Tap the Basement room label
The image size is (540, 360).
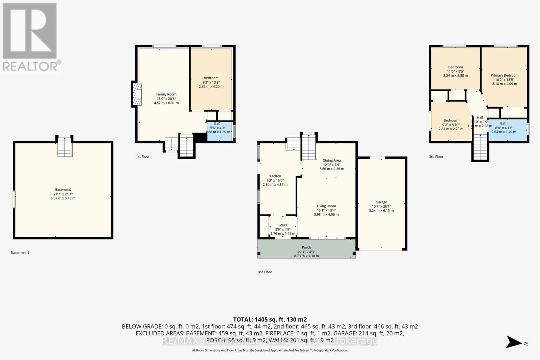coord(63,190)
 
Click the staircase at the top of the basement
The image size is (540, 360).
coord(65,147)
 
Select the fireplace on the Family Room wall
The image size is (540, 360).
coord(137,95)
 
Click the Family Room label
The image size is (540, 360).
coord(166,94)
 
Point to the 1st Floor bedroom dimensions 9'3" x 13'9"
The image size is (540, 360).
coord(211,82)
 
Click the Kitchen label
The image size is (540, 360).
coord(275,176)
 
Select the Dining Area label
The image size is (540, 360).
coord(331,161)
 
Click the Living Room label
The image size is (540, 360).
coord(326,206)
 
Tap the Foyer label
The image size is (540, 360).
coord(283,225)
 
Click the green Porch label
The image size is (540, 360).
coord(306,248)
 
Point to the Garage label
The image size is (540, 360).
coord(381,202)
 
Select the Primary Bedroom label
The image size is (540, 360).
coord(505,76)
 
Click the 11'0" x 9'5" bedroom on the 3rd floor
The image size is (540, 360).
coord(455,71)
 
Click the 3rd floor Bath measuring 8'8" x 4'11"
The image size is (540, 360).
coord(504,128)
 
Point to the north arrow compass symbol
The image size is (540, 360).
coord(515,342)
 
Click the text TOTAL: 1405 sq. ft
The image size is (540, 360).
coord(270,320)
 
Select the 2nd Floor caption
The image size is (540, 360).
coord(265,272)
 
